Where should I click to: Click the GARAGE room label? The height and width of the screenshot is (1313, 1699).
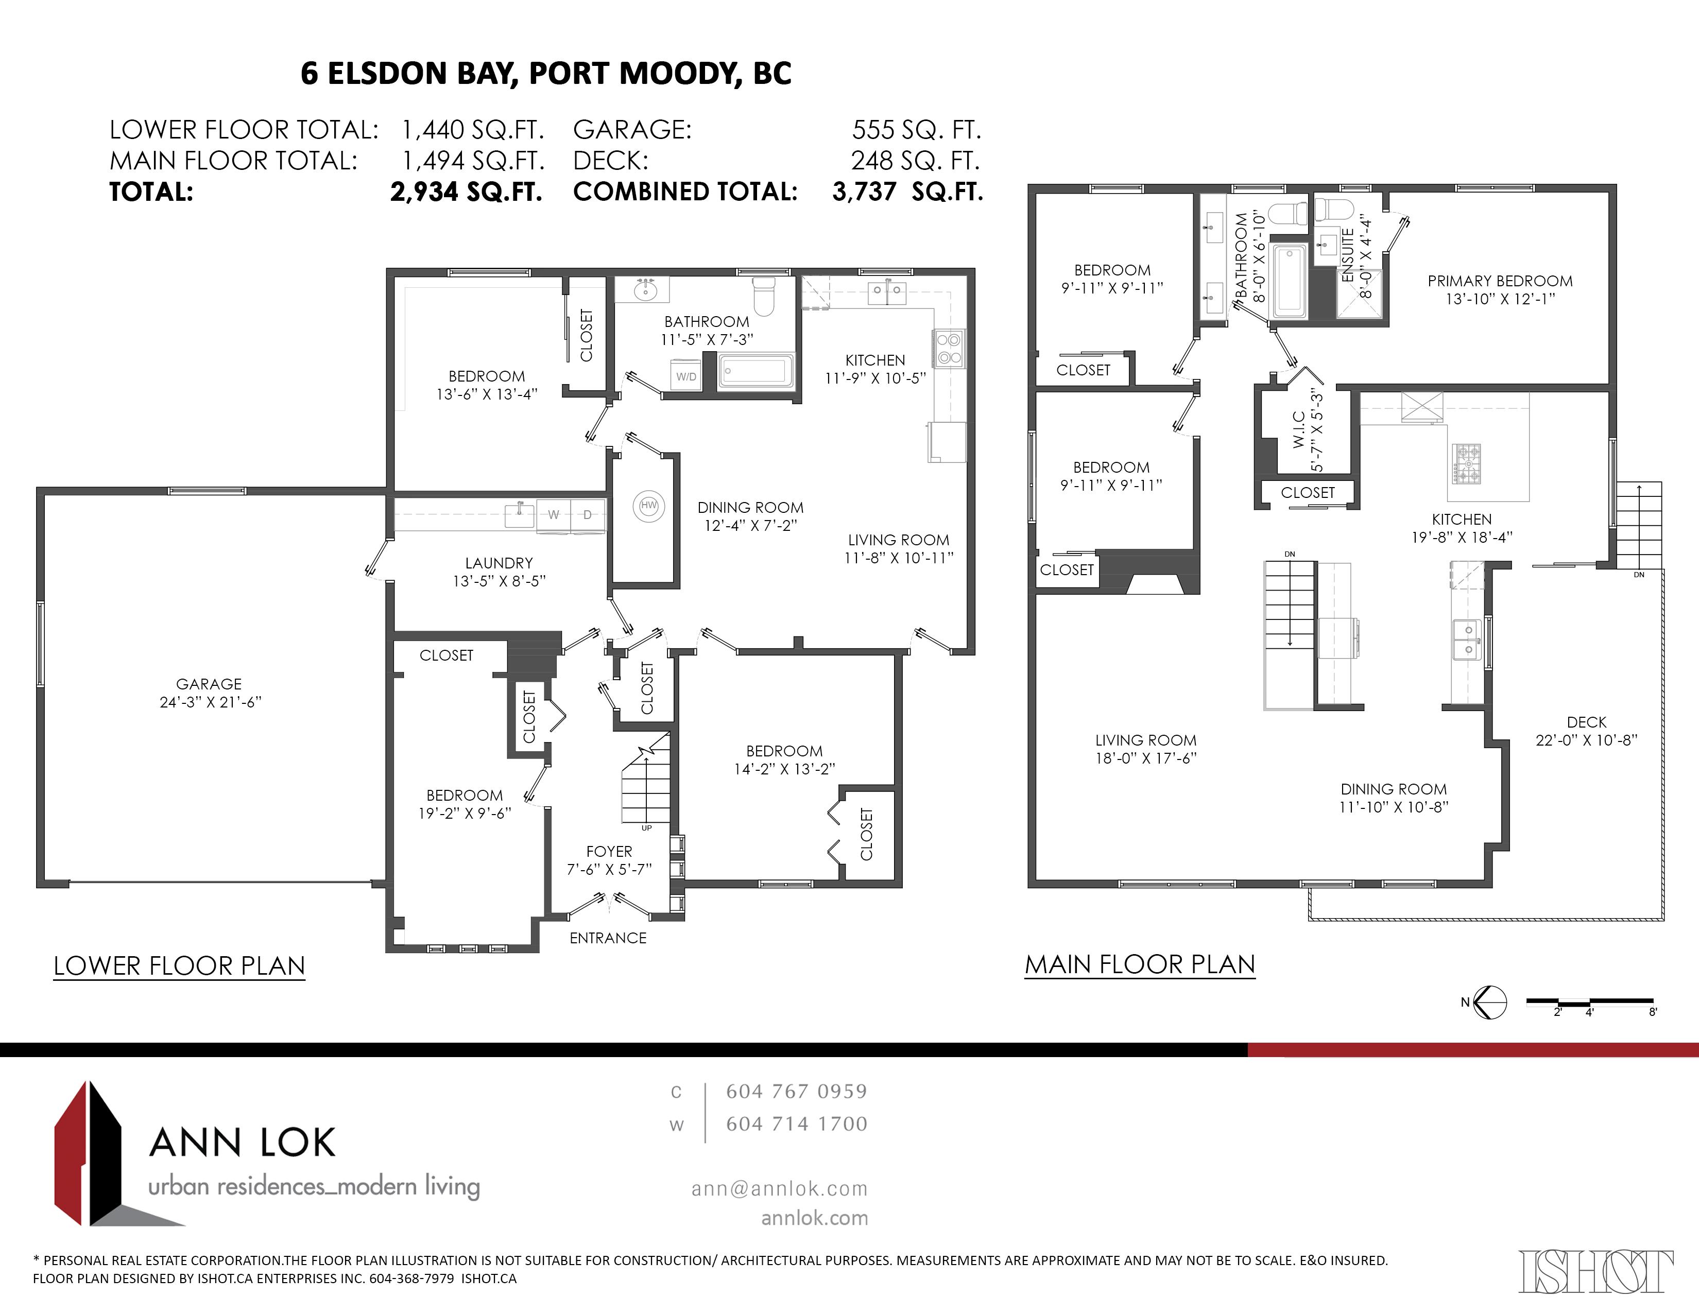(209, 684)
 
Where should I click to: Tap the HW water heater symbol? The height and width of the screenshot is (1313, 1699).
(649, 506)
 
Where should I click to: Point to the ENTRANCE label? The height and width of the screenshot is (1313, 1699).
(608, 938)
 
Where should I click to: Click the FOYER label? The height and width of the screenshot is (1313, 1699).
(609, 852)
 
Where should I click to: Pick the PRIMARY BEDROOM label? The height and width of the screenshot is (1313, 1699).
(1500, 281)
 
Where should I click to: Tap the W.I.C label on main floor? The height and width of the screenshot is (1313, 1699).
(1299, 430)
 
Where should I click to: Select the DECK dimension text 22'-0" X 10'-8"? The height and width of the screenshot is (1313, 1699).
(1586, 740)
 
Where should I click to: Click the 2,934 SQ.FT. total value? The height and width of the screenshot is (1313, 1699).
(466, 192)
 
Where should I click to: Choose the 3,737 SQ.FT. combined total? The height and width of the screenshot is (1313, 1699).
(908, 192)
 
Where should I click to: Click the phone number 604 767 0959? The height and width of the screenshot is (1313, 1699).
(797, 1091)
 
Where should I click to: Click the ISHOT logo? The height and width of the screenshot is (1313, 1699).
(1595, 1272)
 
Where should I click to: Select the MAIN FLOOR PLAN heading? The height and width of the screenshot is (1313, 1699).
(1140, 964)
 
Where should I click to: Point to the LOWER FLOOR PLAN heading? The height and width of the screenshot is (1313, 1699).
(179, 966)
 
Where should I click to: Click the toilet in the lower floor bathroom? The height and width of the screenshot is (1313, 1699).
(764, 296)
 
